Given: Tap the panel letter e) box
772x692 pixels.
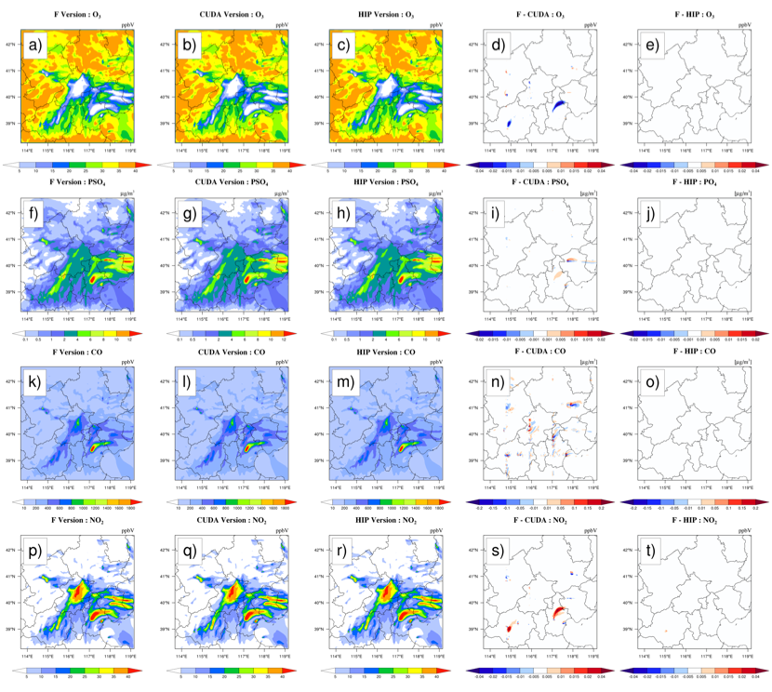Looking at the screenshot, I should [x=648, y=46].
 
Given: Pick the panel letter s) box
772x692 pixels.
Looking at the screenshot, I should [x=497, y=555].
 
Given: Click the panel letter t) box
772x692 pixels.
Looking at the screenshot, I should [x=648, y=555].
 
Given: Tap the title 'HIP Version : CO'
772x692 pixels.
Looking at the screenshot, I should [x=384, y=353].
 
